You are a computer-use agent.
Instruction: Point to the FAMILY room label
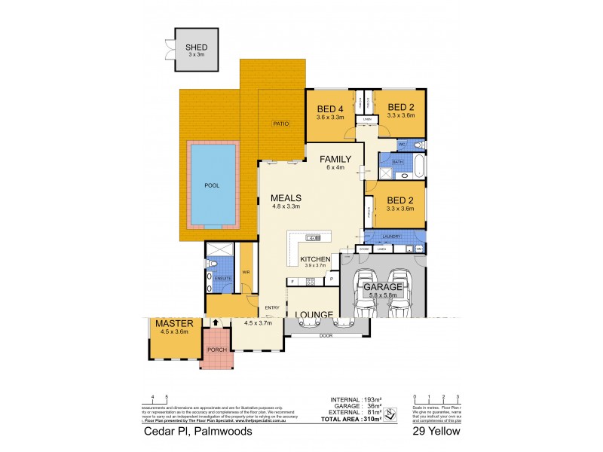click(335, 159)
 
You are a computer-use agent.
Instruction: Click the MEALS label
click(286, 198)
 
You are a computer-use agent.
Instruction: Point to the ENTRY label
click(271, 307)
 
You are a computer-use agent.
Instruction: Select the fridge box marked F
click(291, 282)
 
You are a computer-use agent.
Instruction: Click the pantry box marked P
click(332, 279)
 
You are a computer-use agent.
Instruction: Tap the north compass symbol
click(390, 413)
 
